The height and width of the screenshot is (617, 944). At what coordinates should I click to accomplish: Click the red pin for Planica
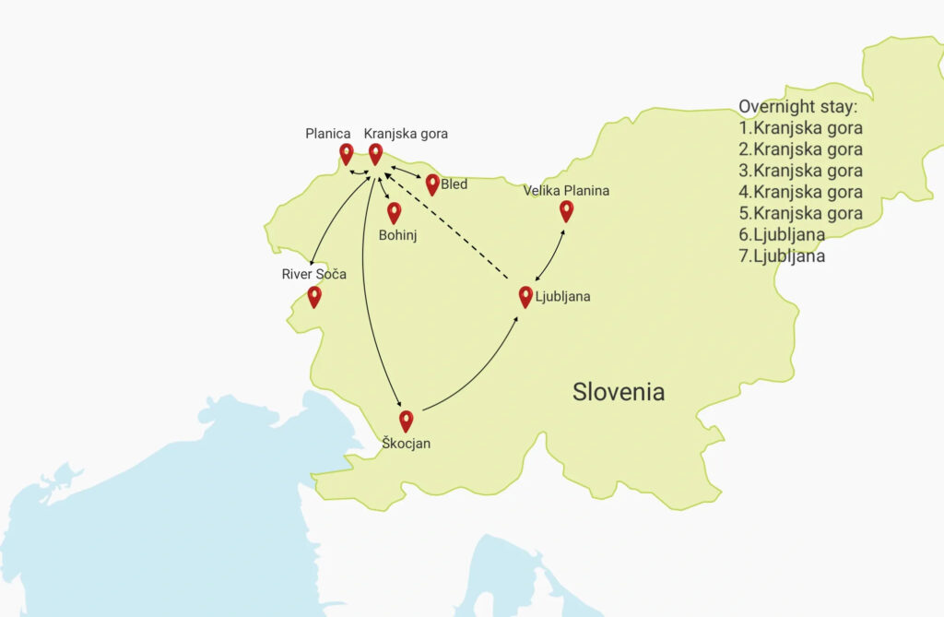click(x=346, y=153)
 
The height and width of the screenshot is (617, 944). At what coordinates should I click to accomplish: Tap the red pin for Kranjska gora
click(x=375, y=153)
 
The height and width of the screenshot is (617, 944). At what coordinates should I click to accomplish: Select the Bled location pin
click(x=432, y=184)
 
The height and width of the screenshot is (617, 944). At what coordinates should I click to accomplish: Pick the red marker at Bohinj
click(x=394, y=212)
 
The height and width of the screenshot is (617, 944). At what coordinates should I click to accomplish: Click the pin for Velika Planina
click(x=566, y=210)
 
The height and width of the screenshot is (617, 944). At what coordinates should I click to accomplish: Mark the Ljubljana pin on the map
click(x=525, y=296)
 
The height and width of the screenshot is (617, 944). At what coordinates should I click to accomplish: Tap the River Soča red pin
click(x=314, y=296)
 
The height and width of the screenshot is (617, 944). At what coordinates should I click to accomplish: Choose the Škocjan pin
click(x=406, y=421)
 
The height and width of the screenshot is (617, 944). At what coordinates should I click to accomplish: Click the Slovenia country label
click(x=619, y=391)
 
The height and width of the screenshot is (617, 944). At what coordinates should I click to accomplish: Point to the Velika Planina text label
click(x=566, y=191)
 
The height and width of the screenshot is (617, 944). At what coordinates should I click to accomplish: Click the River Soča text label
click(x=314, y=274)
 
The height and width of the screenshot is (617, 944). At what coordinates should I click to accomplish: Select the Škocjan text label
click(x=406, y=444)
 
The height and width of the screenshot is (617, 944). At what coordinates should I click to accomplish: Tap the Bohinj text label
click(x=398, y=235)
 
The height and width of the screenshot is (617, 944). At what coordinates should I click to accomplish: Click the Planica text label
click(x=328, y=134)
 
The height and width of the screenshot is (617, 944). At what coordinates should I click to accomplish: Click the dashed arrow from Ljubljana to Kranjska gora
click(x=446, y=222)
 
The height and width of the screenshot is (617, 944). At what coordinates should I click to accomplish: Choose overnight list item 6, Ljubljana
click(x=782, y=234)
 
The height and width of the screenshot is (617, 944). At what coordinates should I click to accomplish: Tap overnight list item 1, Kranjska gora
click(x=800, y=128)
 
